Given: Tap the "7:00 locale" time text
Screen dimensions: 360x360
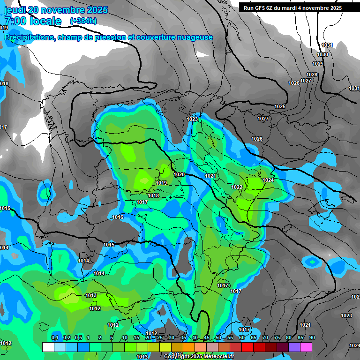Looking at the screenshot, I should coord(33,21).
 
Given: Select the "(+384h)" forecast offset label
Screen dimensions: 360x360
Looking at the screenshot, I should coord(83,21).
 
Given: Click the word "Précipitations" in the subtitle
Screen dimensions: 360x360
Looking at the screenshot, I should coord(30,37).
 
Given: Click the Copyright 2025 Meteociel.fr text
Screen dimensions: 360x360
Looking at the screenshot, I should coord(199,356).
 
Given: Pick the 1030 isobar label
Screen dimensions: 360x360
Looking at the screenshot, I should coord(322,55).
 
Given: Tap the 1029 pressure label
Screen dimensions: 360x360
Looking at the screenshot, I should coord(317,64).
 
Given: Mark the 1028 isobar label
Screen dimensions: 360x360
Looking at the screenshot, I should coord(311,75).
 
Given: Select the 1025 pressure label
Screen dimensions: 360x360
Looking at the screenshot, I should coord(280,107).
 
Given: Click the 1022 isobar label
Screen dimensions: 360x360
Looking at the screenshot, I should coord(237,187).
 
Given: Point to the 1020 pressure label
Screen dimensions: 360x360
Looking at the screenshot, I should coord(179,174).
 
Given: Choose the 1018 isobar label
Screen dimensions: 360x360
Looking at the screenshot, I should coord(153,195).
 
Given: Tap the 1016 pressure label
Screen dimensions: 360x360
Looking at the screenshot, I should coord(118,217).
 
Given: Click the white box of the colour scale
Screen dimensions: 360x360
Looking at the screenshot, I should coord(48,347).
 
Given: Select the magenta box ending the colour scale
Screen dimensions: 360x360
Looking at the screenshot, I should coord(306,347).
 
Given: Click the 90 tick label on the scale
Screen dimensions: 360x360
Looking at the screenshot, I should coord(312,338).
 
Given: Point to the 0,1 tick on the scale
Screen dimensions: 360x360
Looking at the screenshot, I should coord(55,338).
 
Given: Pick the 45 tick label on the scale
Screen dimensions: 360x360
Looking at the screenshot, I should coord(207,338).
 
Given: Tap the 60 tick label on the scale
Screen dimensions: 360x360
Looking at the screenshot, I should coord(242,338).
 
